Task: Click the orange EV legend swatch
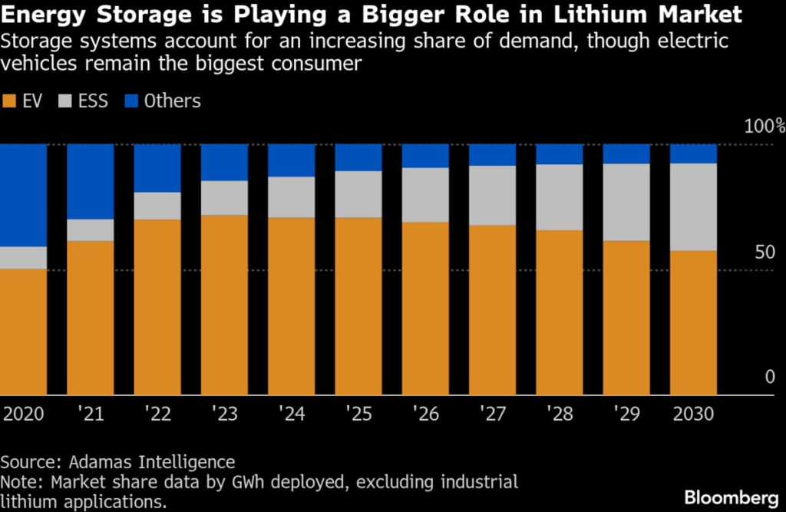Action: (x=10, y=101)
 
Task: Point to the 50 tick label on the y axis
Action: (x=764, y=253)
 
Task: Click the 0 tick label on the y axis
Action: (x=770, y=377)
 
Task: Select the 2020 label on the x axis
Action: (x=23, y=415)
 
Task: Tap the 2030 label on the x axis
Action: (x=692, y=415)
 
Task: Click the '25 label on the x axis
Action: (x=358, y=415)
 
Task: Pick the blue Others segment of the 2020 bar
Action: (x=23, y=195)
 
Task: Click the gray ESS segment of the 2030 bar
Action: (x=692, y=206)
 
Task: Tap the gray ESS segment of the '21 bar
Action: (x=90, y=230)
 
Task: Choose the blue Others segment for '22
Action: (x=157, y=168)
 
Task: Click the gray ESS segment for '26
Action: (x=425, y=195)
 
